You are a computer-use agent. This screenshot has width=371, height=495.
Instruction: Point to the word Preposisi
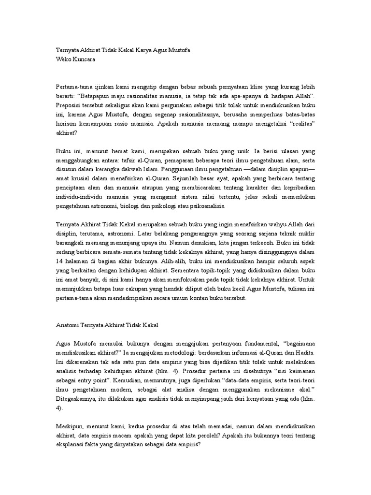pos(71,104)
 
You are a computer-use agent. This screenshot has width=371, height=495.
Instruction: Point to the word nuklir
pos(303,234)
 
